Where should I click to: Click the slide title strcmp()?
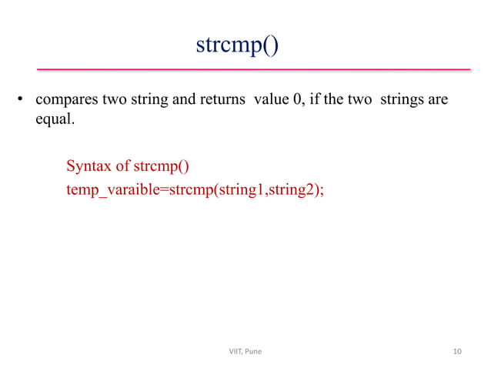[237, 45]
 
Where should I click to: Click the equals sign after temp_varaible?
[162, 189]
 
